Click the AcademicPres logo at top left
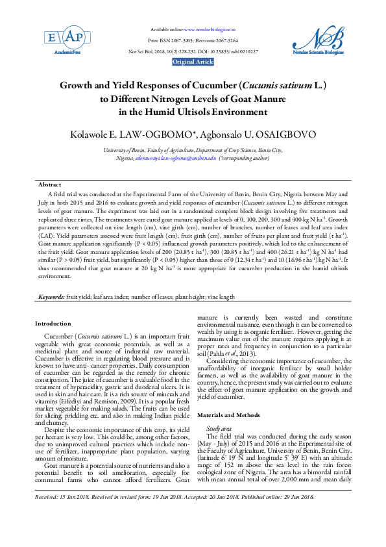click(x=56, y=41)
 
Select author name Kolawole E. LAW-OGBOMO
click(x=138, y=134)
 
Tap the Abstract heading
click(x=50, y=185)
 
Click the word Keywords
click(x=51, y=296)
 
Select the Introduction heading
click(x=53, y=323)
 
